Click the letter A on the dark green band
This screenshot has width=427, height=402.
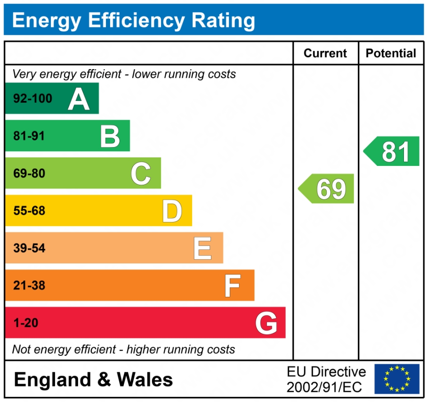point(79,98)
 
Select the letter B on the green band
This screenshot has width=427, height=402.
point(110,136)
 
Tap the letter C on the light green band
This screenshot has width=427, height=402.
point(141,173)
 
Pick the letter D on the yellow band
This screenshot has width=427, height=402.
point(172,211)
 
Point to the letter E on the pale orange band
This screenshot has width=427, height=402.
point(202,248)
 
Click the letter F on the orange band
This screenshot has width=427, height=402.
point(233,286)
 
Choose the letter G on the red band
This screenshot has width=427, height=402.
point(266,323)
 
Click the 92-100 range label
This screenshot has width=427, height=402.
point(32,99)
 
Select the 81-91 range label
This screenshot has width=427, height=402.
point(29,136)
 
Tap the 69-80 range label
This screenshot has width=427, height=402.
point(29,173)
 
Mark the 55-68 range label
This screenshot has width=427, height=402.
point(29,211)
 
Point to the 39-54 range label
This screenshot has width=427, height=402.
point(29,248)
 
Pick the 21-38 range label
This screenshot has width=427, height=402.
point(29,286)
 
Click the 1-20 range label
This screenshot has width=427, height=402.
point(26,323)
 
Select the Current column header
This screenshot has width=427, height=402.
point(325,53)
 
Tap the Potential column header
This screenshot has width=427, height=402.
point(391,53)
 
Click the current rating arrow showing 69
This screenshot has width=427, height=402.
point(327,189)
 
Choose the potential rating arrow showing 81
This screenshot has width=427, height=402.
point(392,151)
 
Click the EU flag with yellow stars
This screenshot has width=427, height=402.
point(396,379)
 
